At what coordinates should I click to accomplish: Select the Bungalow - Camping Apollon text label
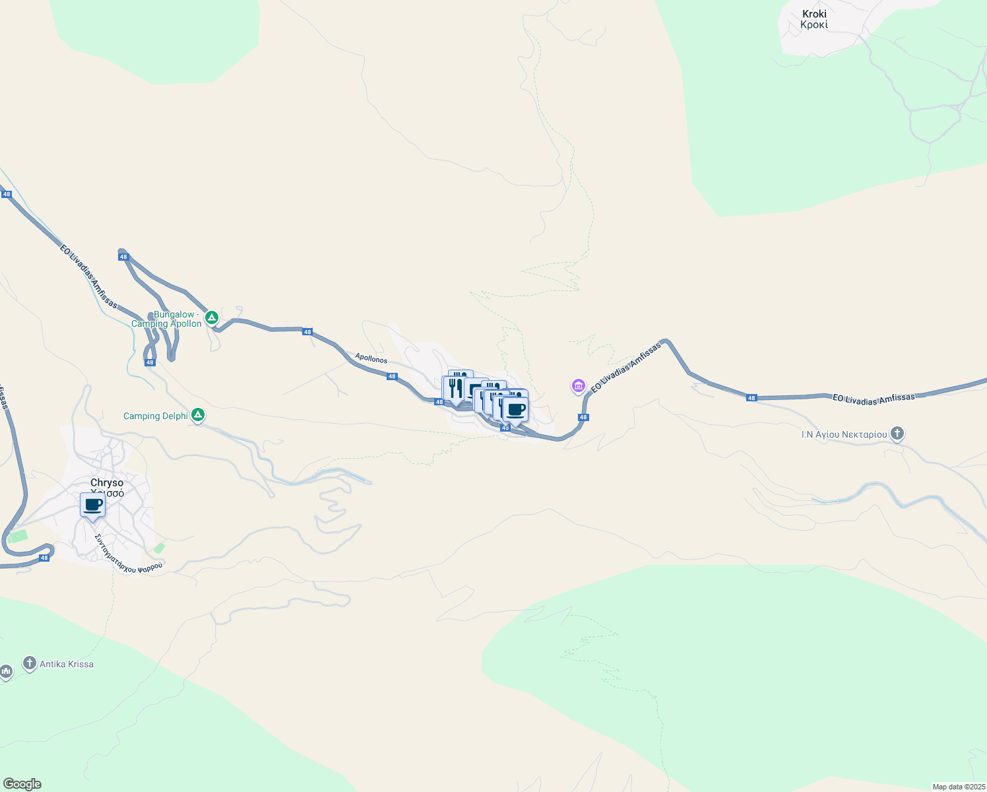167,319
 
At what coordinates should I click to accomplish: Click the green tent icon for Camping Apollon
212,318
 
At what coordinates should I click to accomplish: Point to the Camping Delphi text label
151,416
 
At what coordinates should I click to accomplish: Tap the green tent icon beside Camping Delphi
197,415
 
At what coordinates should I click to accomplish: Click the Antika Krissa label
66,664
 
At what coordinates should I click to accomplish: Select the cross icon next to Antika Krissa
29,663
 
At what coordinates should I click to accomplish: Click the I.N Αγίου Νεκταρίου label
844,434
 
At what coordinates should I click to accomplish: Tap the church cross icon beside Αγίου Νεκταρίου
897,434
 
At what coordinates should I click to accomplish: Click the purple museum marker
579,385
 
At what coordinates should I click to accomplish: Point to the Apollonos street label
371,358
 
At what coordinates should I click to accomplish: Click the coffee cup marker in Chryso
93,506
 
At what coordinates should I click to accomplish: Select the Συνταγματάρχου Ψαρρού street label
129,553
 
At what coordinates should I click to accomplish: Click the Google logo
22,784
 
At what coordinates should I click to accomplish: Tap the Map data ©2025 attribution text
958,787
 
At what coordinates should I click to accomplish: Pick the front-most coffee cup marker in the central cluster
515,410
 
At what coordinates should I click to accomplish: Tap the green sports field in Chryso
18,535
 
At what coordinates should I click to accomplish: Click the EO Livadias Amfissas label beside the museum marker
625,368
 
